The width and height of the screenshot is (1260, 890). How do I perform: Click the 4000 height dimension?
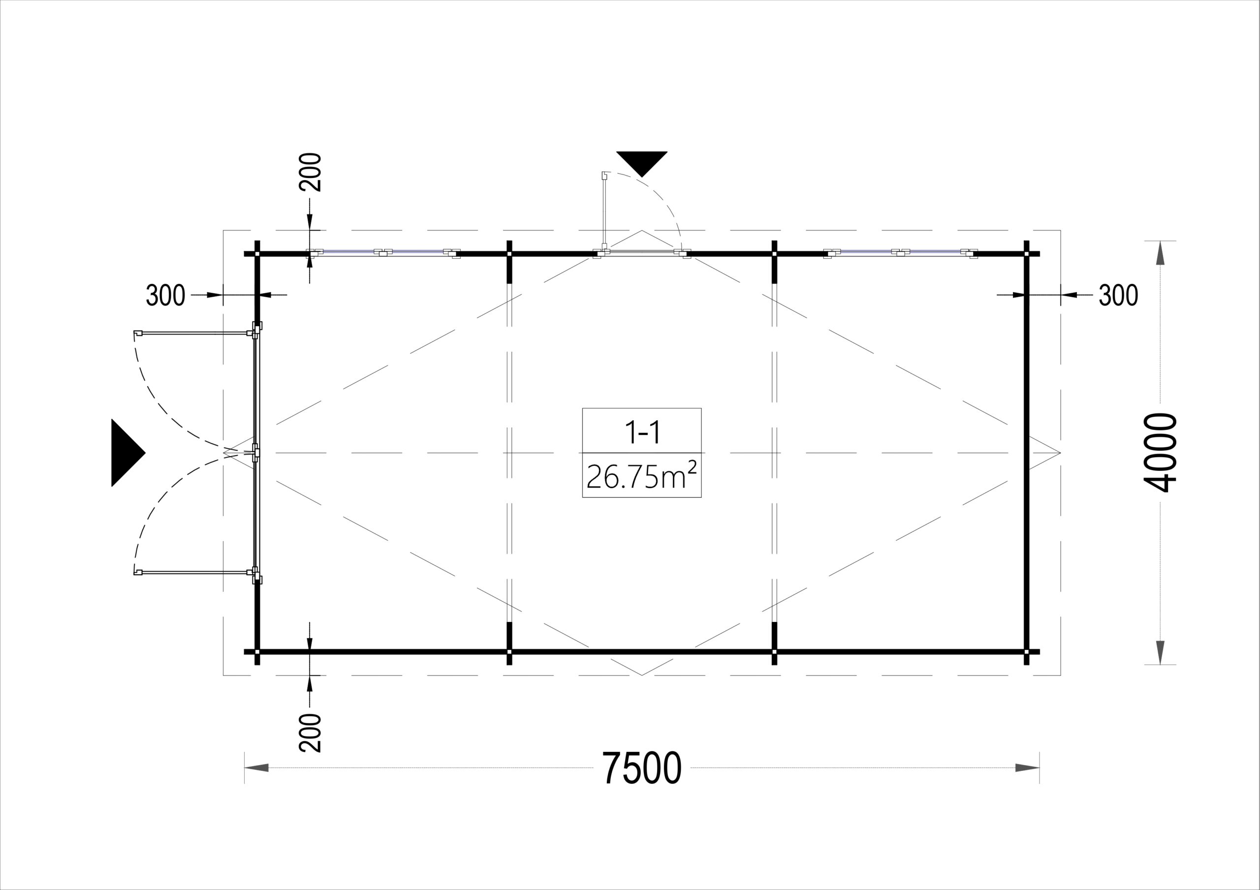pos(1161,453)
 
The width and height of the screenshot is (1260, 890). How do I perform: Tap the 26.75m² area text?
pos(641,476)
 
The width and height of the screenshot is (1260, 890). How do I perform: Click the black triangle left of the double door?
pos(128,453)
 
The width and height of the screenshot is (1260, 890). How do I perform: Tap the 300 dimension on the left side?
pos(165,295)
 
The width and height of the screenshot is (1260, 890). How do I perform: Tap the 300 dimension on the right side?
pos(1118,295)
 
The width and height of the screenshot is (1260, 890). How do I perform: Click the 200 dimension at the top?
pos(310,172)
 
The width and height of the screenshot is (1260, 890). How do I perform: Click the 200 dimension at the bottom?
pos(310,733)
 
